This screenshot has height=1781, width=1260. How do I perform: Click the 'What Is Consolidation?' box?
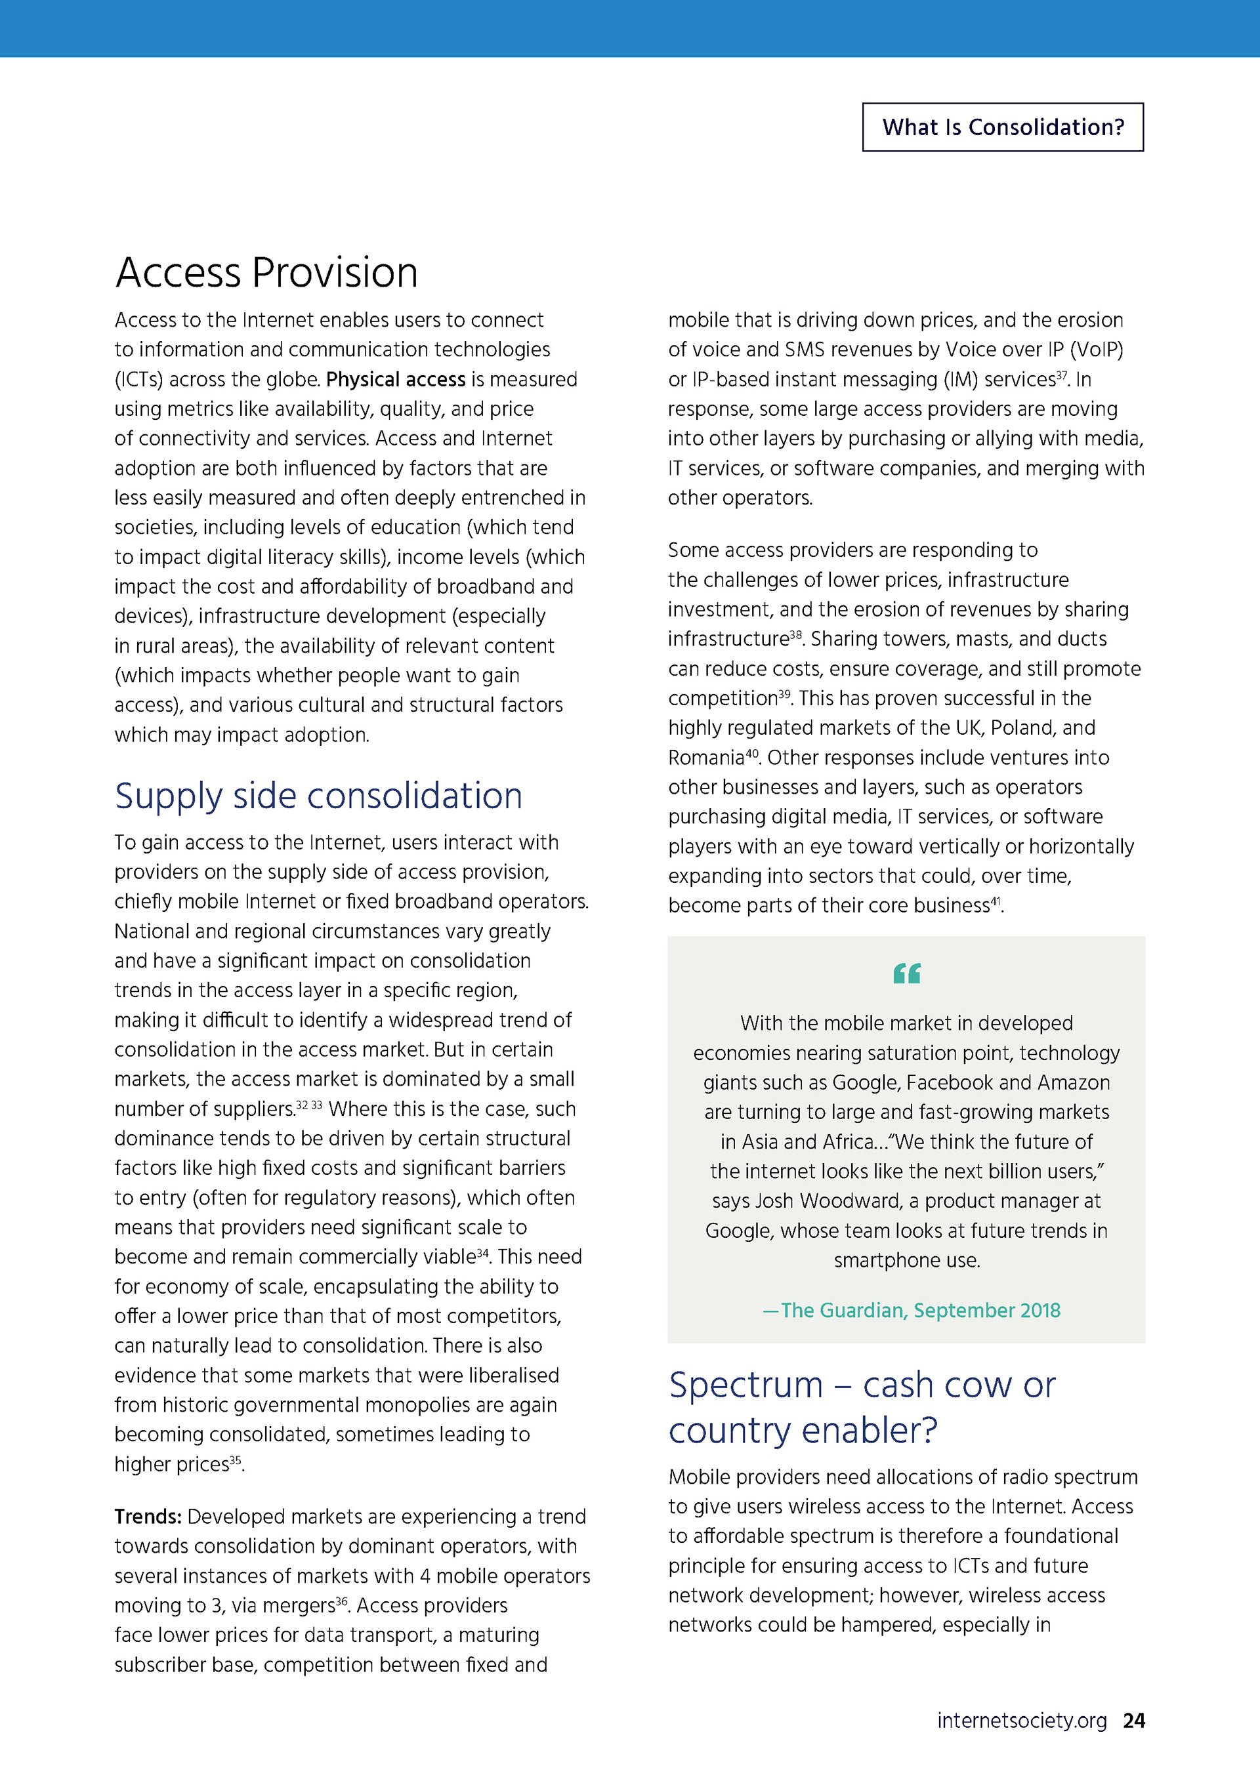point(1002,127)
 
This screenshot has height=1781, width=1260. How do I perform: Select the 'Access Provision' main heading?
point(266,273)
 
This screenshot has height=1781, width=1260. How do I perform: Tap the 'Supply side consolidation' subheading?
point(318,796)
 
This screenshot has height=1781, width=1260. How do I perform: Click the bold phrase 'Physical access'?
point(395,379)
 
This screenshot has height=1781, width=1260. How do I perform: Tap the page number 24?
point(1133,1721)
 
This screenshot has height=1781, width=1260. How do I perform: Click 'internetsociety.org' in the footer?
point(1021,1721)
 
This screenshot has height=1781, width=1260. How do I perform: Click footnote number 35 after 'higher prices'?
point(235,1459)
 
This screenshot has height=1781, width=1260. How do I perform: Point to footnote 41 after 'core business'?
point(996,901)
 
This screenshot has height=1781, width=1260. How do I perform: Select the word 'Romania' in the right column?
point(706,758)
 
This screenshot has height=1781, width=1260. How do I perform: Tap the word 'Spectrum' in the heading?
point(745,1386)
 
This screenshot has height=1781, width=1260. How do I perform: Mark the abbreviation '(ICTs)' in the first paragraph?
point(139,380)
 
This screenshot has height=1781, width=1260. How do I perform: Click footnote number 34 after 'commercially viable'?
point(482,1252)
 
